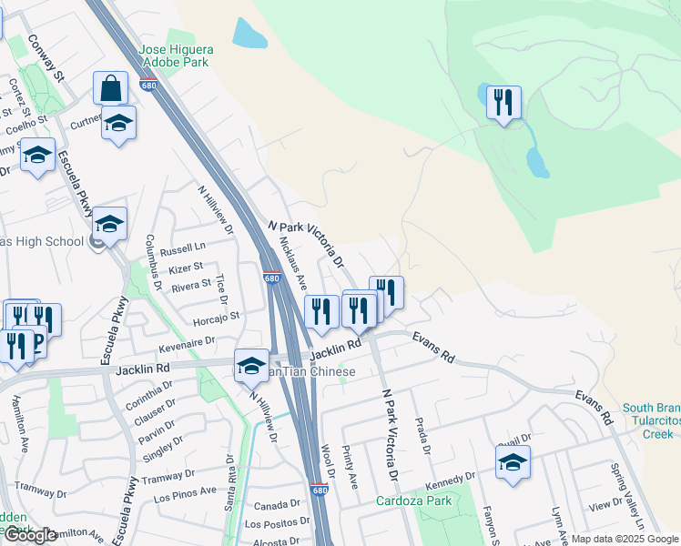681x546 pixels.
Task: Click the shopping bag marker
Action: click(110, 89)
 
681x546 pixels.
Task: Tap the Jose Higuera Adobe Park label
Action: click(174, 55)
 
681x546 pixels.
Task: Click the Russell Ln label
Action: click(182, 248)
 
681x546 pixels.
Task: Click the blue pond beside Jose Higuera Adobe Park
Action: click(249, 34)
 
